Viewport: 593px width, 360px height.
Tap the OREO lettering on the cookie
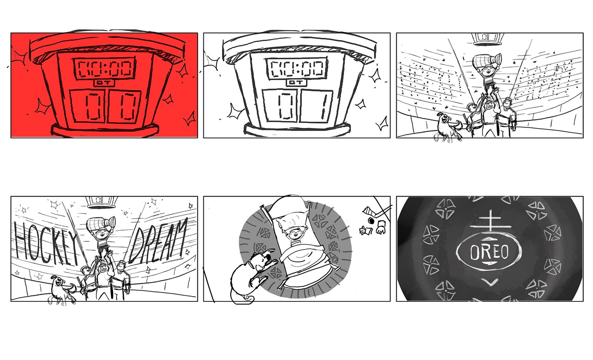489,252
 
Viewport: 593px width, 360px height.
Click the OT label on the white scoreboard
296,83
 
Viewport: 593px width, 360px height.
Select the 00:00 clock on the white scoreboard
297,69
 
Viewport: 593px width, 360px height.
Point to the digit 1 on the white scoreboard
323,106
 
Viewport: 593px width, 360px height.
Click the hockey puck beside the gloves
371,220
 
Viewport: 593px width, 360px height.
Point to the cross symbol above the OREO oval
490,222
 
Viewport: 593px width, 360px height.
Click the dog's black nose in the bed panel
269,257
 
